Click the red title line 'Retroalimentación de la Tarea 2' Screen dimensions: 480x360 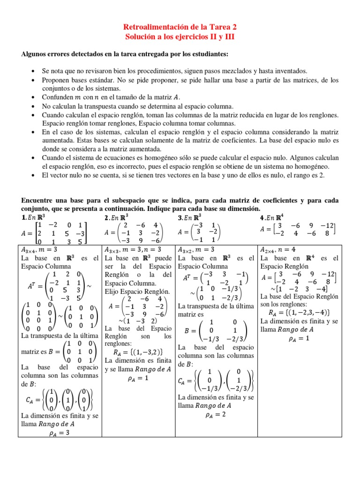click(x=180, y=28)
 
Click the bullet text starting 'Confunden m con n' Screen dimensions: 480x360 click(x=111, y=97)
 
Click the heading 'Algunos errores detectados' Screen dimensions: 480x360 click(x=125, y=54)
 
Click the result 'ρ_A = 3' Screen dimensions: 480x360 click(x=59, y=433)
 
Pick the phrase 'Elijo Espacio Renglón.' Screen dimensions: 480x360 click(x=134, y=291)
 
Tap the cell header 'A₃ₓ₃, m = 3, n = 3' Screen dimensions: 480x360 click(x=133, y=249)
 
